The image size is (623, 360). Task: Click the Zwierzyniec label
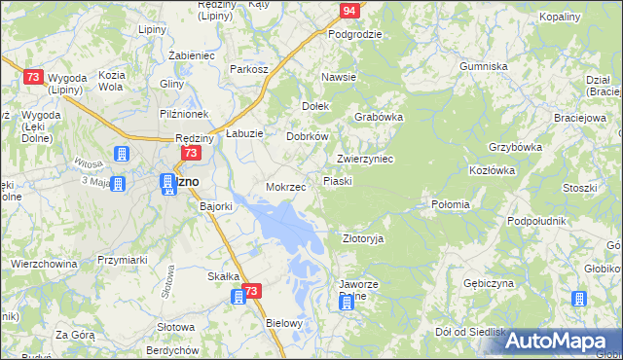pyautogui.click(x=364, y=159)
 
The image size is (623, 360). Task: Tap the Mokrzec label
pyautogui.click(x=286, y=186)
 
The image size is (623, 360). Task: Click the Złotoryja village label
pyautogui.click(x=364, y=237)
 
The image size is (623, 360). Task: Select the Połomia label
pyautogui.click(x=451, y=204)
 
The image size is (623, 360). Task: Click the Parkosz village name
pyautogui.click(x=248, y=69)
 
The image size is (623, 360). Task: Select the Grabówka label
pyautogui.click(x=379, y=116)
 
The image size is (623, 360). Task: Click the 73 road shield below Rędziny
pyautogui.click(x=191, y=154)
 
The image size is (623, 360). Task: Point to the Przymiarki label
pyautogui.click(x=122, y=260)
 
